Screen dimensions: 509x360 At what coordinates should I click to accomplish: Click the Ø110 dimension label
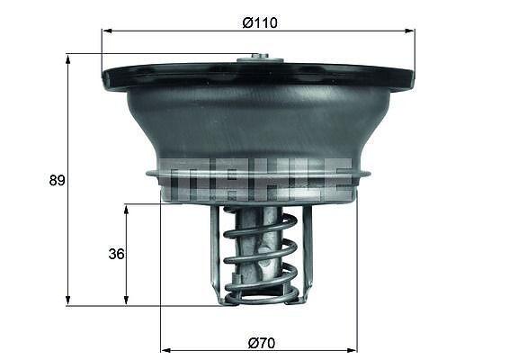pos(260,23)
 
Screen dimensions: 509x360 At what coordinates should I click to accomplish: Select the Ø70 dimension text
pos(262,343)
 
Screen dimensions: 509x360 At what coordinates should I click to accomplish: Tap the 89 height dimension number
pos(58,180)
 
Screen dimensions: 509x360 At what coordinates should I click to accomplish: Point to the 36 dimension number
pos(117,254)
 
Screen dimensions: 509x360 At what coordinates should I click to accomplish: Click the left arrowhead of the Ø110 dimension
pos(107,31)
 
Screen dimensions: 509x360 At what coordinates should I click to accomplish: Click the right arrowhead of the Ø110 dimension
pos(410,31)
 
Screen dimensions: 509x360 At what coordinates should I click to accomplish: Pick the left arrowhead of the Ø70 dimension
pos(166,350)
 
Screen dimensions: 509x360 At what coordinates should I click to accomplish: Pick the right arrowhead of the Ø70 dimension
pos(352,350)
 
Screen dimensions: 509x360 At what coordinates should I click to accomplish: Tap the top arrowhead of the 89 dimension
pos(67,60)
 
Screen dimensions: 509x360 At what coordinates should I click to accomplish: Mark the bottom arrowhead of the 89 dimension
pos(67,300)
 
